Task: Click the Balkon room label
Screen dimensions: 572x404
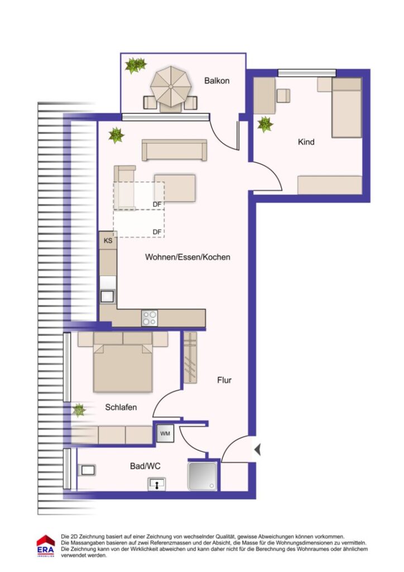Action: click(x=217, y=80)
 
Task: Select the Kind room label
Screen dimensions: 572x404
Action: click(x=306, y=142)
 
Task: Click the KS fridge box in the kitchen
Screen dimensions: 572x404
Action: click(x=108, y=241)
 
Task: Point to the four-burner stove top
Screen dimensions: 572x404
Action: click(x=149, y=318)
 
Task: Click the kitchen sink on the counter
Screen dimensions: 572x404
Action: click(x=107, y=296)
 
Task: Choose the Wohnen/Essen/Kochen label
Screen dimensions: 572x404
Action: click(x=187, y=258)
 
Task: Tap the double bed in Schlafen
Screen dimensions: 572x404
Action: click(x=123, y=367)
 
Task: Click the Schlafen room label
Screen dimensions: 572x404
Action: click(x=121, y=407)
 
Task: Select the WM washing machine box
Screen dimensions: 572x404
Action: click(x=165, y=433)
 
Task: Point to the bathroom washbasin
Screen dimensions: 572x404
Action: click(x=158, y=484)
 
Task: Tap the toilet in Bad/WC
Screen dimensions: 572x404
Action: click(x=88, y=470)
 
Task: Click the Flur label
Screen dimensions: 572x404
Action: click(x=224, y=380)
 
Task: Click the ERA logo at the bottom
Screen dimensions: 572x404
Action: click(x=45, y=546)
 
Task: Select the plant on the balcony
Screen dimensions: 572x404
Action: click(x=136, y=65)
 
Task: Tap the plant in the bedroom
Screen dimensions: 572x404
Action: click(x=80, y=411)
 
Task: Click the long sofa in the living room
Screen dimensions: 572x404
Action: click(x=174, y=150)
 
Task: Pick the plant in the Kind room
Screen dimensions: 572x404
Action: click(x=264, y=124)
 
